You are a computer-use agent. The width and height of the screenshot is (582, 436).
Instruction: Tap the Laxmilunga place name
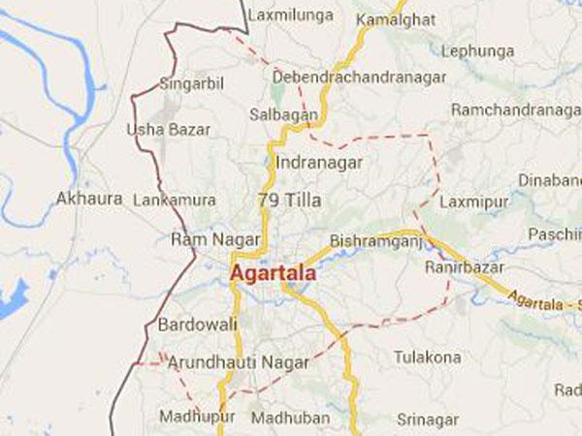point(291,16)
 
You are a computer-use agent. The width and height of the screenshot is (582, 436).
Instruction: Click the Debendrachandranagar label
point(359,76)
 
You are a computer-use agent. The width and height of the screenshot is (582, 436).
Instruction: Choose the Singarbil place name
point(192,84)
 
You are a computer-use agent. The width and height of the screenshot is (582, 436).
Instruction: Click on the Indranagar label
point(317,163)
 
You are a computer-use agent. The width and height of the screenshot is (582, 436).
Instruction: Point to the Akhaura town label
point(89,199)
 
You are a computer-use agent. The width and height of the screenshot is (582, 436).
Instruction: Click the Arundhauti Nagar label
point(239,362)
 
